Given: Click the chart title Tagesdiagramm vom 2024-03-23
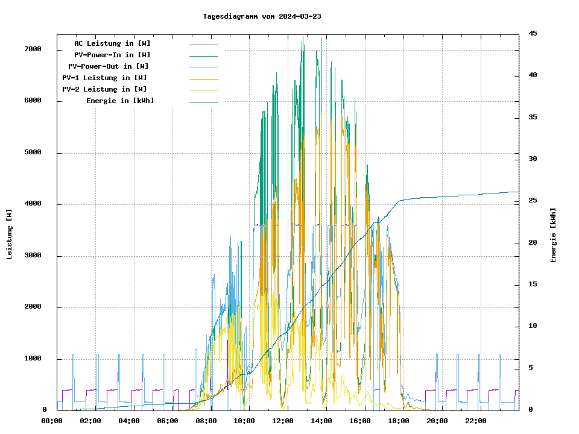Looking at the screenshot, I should click(x=262, y=16).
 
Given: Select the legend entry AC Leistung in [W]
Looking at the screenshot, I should click(x=112, y=43).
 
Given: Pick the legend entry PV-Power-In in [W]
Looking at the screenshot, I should click(x=116, y=55).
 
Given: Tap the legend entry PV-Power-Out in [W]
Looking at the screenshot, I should click(x=109, y=66).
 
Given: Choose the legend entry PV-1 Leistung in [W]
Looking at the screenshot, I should click(x=104, y=78).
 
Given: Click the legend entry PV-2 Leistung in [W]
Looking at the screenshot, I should click(x=104, y=89).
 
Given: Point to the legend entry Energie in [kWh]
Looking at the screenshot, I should click(x=120, y=101).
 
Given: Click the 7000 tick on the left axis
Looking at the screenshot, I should click(x=33, y=49).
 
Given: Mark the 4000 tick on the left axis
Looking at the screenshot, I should click(x=33, y=204).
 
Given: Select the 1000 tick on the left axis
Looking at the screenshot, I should click(x=33, y=359).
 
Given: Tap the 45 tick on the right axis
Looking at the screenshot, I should click(x=533, y=33).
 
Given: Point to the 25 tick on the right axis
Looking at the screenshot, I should click(x=533, y=201).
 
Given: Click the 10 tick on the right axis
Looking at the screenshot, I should click(x=533, y=326).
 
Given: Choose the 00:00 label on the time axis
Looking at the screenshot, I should click(x=52, y=421).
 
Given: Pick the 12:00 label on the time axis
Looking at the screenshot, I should click(x=283, y=421).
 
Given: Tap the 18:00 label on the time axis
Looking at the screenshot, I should click(x=399, y=421).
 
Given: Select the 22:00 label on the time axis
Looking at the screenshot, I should click(x=476, y=421).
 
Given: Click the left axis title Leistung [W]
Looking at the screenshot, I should click(x=10, y=234).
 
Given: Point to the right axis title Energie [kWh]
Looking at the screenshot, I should click(x=554, y=235).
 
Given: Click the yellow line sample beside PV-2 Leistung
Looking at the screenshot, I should click(x=203, y=90).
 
